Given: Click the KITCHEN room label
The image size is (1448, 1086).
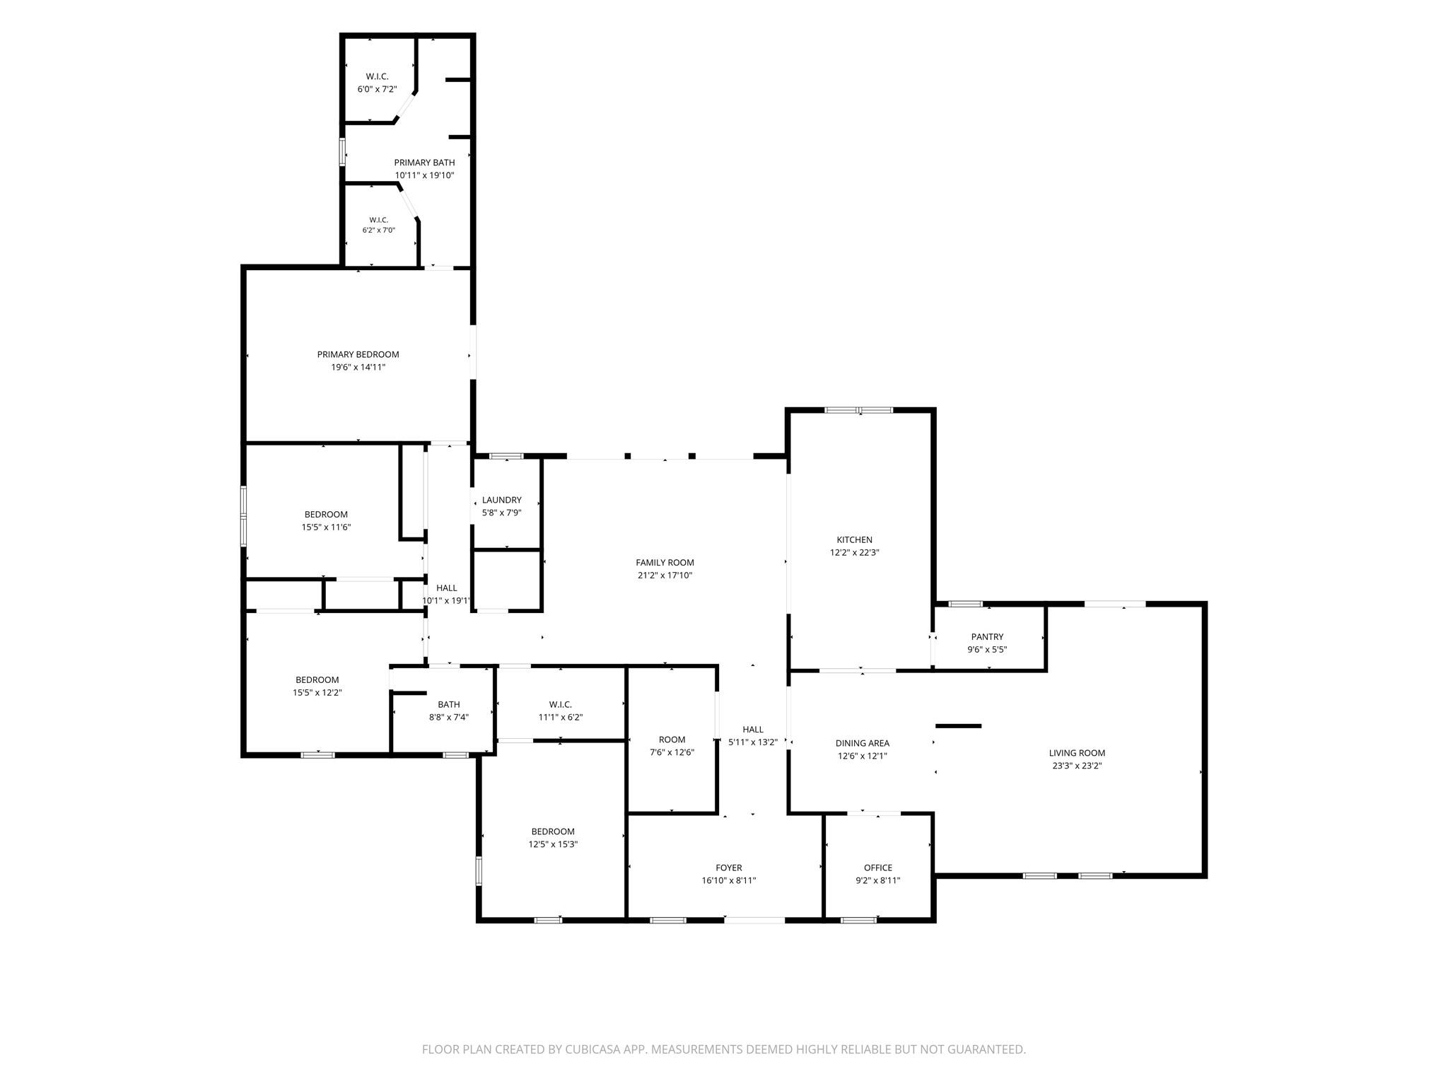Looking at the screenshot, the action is point(854,540).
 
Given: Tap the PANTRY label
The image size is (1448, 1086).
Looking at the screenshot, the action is point(987,637).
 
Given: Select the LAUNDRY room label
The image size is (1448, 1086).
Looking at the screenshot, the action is point(501,500).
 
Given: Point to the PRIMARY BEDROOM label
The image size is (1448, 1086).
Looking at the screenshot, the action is point(358,354).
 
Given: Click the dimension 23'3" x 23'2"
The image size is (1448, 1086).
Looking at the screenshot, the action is point(1077,765).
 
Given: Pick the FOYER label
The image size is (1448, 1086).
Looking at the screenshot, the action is point(729,868).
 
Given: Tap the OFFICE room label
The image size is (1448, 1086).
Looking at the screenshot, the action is point(878,868).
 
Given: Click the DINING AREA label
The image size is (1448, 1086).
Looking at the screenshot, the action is point(862,743).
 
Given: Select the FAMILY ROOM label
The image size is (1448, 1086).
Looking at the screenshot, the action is point(665,563).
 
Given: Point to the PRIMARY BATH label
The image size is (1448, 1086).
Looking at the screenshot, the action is point(424,163).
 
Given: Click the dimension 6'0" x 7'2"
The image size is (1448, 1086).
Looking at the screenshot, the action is point(377,89).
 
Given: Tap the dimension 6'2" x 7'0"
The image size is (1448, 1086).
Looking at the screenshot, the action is point(379,230).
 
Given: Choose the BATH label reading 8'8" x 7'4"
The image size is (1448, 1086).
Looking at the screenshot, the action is point(449,704).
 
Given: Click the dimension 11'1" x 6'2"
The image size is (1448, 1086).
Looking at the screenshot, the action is point(561,717).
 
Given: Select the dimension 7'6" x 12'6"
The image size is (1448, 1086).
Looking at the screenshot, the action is point(672,752).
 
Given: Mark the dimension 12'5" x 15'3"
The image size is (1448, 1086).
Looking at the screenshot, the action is point(553,844).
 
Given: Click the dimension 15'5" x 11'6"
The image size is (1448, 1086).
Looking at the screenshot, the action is point(326,527).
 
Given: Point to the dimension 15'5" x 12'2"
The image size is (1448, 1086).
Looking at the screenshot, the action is point(317,692).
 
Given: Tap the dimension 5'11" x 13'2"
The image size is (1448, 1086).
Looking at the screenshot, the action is point(753,742).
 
